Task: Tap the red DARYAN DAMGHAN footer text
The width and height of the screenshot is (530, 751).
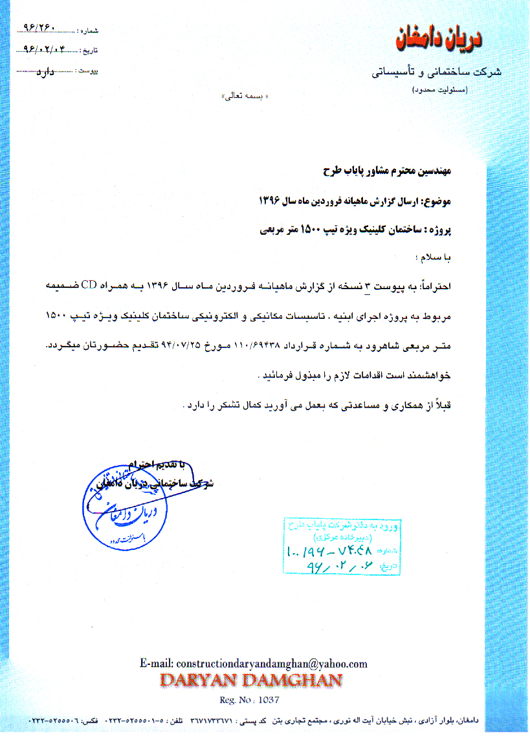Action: [250, 680]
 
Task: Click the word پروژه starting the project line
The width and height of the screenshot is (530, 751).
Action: [448, 230]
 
